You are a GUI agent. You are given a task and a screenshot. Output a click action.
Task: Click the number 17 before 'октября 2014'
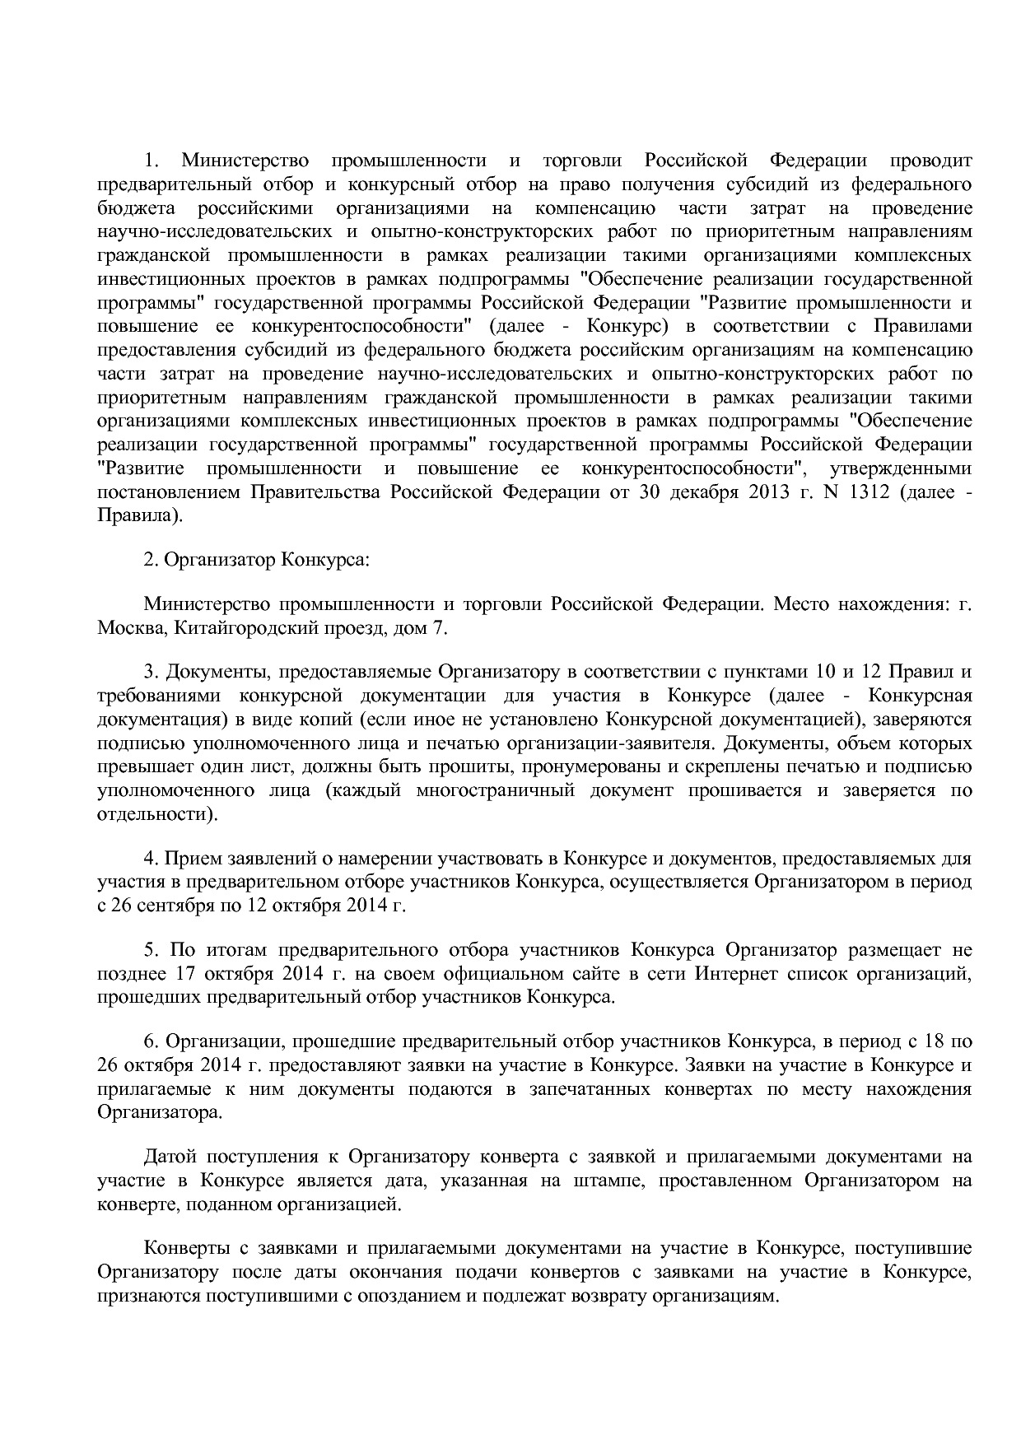[181, 974]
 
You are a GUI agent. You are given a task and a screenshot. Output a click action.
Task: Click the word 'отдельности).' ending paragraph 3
[158, 814]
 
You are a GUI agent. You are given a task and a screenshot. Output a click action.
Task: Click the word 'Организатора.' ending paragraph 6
[160, 1113]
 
